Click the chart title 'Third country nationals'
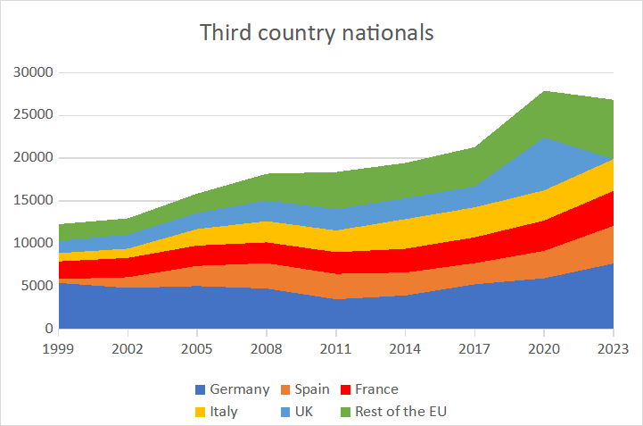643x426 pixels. (x=317, y=33)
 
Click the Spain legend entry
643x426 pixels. (x=304, y=389)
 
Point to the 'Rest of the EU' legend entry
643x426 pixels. (x=393, y=412)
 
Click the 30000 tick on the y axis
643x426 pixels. (x=32, y=72)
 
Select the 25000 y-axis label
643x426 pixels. (x=32, y=115)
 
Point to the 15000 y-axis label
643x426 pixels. (x=32, y=201)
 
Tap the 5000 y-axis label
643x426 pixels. (x=36, y=286)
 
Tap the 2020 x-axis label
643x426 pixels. (x=545, y=347)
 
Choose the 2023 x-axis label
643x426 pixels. (x=614, y=347)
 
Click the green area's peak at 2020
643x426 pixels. (x=545, y=91)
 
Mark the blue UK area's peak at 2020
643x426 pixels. (x=545, y=138)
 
